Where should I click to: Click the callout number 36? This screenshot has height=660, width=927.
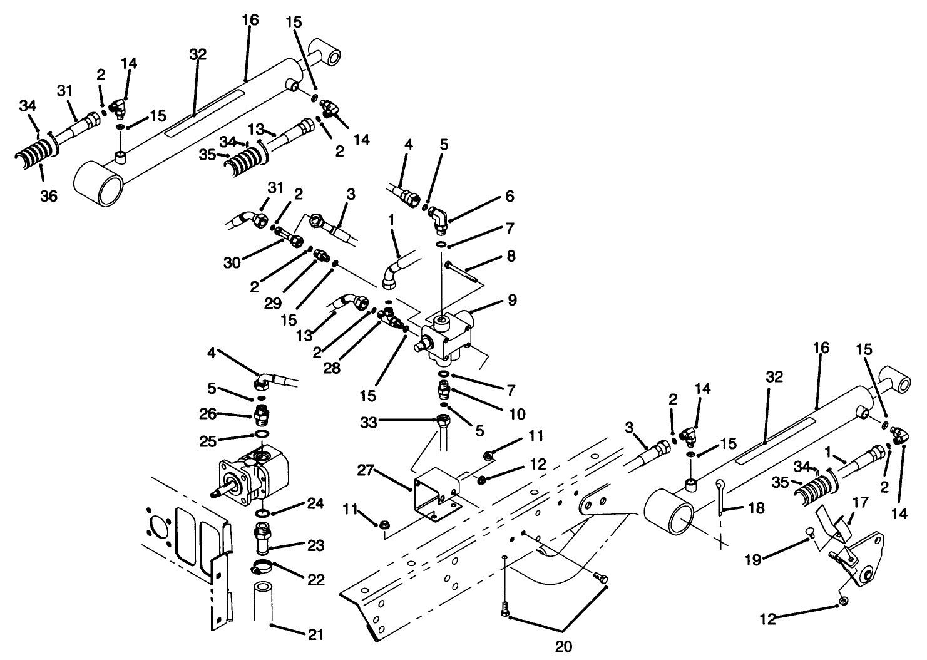coord(49,196)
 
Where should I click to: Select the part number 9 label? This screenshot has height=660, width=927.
coord(512,300)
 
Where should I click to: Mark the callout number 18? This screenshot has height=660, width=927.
coord(756,508)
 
